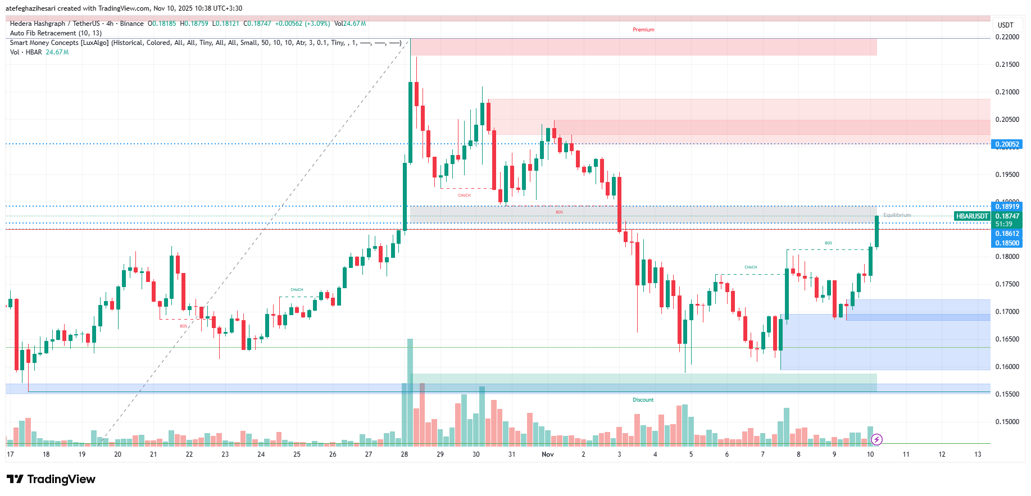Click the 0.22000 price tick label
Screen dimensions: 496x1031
coord(1007,37)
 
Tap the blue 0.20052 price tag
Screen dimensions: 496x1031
coord(1007,144)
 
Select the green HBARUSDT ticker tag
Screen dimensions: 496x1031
coord(972,216)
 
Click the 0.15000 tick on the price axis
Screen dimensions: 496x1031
coord(1007,422)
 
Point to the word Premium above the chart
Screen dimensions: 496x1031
coord(643,30)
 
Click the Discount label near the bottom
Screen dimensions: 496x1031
coord(643,400)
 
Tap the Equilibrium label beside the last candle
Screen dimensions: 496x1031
coord(897,215)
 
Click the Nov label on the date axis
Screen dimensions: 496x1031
coord(547,454)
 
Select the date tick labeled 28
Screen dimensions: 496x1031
coord(405,454)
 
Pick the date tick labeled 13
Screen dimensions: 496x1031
coord(978,454)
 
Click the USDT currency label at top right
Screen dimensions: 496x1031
coord(1005,25)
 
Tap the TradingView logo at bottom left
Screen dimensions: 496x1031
coord(51,479)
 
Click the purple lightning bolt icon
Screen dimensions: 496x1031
coord(876,439)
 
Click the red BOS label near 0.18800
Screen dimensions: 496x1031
coord(559,212)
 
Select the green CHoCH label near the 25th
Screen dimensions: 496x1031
coord(297,290)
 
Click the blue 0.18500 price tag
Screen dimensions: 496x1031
coord(1007,243)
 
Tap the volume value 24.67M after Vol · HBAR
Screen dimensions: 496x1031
coord(57,52)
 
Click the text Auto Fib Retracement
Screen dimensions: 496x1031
coord(43,33)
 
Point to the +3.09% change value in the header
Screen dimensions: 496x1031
coord(317,24)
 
